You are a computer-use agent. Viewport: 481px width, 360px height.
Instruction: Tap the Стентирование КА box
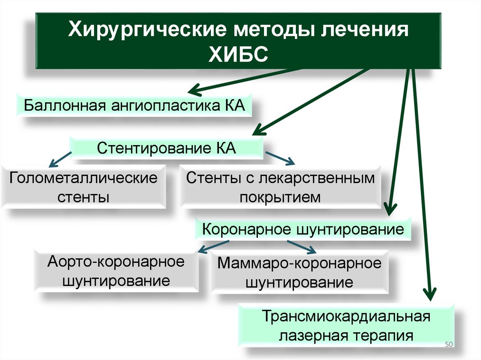pos(166,148)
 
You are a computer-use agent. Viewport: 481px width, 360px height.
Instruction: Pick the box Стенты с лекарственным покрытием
pos(280,186)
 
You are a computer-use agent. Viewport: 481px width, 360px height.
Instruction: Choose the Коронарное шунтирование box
pos(303,230)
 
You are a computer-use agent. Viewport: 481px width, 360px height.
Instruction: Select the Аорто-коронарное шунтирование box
pos(116,271)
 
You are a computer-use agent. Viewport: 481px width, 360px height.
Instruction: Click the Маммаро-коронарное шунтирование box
pos(299,272)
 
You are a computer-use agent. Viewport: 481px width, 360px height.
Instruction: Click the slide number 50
pos(447,345)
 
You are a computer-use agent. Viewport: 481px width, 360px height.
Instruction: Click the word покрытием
pos(280,197)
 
